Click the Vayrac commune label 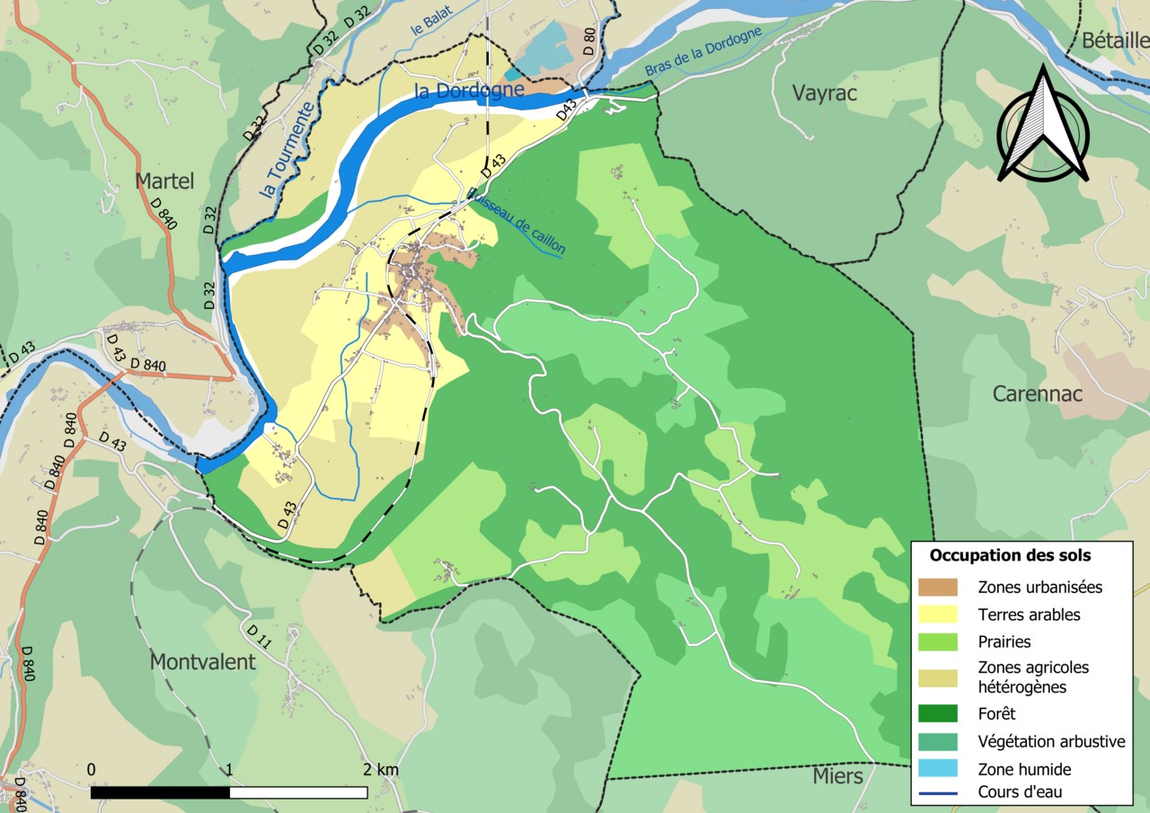[x=824, y=93]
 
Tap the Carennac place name [x=1037, y=393]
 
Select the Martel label [x=164, y=181]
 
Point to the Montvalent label [x=202, y=662]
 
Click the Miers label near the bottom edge [x=837, y=775]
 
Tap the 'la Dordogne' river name [x=469, y=91]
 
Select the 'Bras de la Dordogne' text [x=703, y=51]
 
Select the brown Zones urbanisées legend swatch [x=940, y=588]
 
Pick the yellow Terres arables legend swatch [x=940, y=614]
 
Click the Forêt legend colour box [x=940, y=714]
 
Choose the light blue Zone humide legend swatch [x=940, y=769]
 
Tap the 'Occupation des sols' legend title [x=1010, y=556]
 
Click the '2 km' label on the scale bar [x=381, y=770]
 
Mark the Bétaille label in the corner [x=1115, y=40]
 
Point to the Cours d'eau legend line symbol [x=940, y=792]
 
